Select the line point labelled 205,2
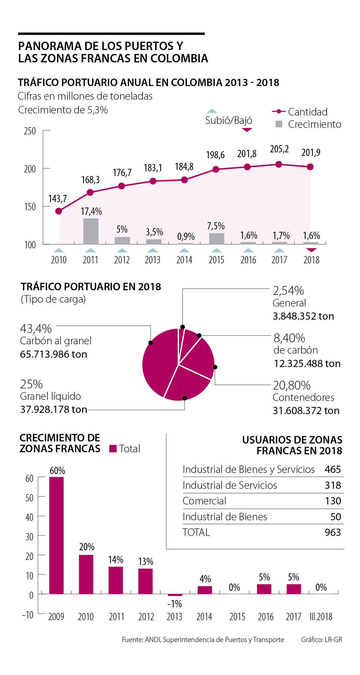click(279, 164)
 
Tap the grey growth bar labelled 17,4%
click(91, 231)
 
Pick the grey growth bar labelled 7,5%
click(217, 238)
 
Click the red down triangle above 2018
click(312, 250)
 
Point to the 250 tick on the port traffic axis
click(30, 131)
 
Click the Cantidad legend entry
click(300, 112)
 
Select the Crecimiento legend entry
click(308, 124)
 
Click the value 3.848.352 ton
click(303, 316)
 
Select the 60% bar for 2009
click(56, 535)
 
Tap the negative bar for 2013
click(175, 595)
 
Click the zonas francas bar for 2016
click(264, 589)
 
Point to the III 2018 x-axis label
click(321, 617)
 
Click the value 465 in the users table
click(333, 469)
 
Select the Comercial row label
click(204, 501)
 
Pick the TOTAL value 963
click(333, 532)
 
